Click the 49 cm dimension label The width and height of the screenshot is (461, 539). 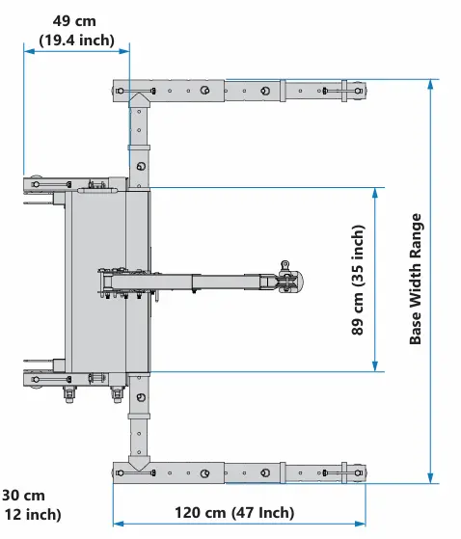(x=74, y=21)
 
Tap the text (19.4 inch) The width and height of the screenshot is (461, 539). (x=76, y=40)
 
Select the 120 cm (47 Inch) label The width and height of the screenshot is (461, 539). (x=234, y=513)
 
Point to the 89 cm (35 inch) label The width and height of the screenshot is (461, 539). (x=358, y=280)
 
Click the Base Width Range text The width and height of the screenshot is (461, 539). (x=416, y=279)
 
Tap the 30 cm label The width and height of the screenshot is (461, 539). (x=23, y=496)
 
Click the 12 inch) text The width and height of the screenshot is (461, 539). (x=33, y=515)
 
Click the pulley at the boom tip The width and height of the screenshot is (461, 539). (x=291, y=282)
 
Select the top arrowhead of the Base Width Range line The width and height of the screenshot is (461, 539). (x=430, y=85)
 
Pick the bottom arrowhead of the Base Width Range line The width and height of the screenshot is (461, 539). (x=430, y=478)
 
